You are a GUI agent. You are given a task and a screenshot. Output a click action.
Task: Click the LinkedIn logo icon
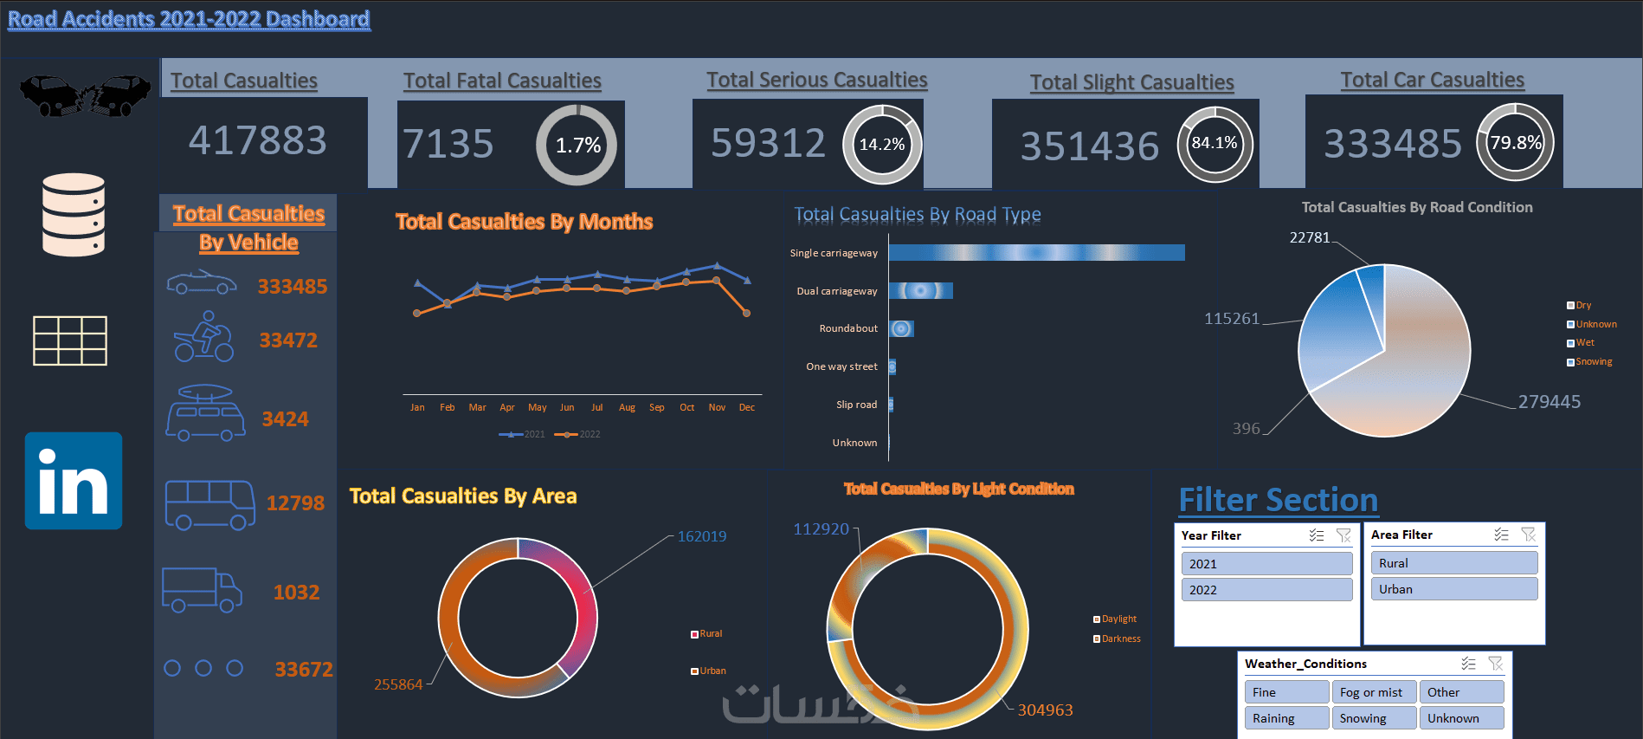coord(74,481)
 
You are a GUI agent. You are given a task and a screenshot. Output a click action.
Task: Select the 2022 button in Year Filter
coord(1266,590)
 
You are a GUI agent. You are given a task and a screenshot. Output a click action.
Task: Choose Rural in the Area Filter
coord(1453,563)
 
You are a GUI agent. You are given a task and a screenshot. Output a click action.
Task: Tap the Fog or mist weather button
coord(1372,692)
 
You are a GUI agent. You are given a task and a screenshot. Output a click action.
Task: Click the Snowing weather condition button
coord(1372,718)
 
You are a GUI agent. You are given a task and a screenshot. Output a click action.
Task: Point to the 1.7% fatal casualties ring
coord(577,145)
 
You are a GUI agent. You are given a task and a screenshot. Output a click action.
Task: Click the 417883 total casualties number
coord(258,140)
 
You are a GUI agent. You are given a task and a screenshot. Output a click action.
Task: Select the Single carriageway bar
coord(1036,252)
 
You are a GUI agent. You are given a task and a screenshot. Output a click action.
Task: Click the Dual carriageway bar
coord(920,290)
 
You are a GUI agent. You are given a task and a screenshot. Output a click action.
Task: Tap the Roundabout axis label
coord(848,328)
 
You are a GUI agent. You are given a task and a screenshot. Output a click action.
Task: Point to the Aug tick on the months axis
coord(627,407)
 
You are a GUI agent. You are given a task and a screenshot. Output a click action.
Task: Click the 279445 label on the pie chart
coord(1549,401)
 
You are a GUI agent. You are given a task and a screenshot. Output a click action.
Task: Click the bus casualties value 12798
coord(295,502)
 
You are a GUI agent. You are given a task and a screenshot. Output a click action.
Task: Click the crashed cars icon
coord(85,95)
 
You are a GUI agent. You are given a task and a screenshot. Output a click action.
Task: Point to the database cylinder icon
coord(74,215)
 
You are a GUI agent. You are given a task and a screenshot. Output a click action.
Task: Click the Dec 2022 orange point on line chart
coord(747,313)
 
